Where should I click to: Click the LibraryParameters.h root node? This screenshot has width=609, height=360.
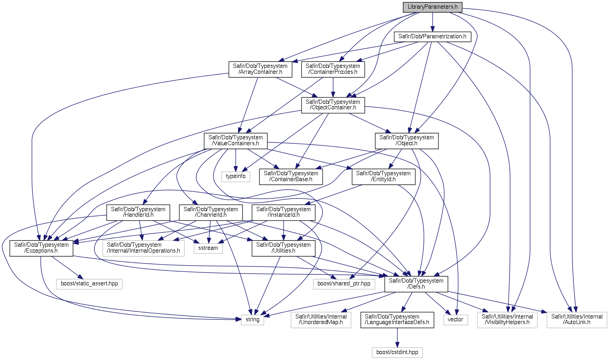click(x=432, y=7)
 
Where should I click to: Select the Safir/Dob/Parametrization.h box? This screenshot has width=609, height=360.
click(x=432, y=36)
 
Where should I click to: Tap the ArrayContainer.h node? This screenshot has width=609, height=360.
click(x=260, y=69)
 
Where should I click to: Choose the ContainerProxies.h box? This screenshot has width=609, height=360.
click(x=333, y=69)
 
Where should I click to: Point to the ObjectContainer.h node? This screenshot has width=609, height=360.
click(x=333, y=105)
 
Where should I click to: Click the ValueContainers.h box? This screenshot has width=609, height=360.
click(x=236, y=141)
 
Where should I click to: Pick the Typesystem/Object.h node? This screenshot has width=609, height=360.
click(x=407, y=141)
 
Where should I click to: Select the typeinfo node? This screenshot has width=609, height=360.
click(x=235, y=176)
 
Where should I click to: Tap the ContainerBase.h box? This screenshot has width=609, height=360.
click(x=291, y=176)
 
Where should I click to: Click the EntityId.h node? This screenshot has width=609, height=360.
click(x=383, y=176)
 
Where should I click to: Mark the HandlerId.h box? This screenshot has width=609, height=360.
click(x=138, y=212)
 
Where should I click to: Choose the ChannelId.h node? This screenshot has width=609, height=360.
click(x=211, y=212)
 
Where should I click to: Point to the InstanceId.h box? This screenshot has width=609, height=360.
click(x=284, y=212)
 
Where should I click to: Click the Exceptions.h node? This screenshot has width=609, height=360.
click(x=41, y=248)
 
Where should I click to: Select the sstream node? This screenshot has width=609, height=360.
click(x=208, y=248)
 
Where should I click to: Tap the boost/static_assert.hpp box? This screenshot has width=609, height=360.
click(x=89, y=284)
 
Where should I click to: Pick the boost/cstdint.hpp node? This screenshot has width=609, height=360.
click(x=397, y=352)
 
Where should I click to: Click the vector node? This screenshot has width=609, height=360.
click(x=455, y=319)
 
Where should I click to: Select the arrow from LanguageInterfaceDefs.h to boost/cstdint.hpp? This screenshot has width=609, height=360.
click(x=397, y=337)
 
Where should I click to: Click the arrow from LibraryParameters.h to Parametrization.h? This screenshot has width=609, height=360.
click(x=432, y=22)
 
